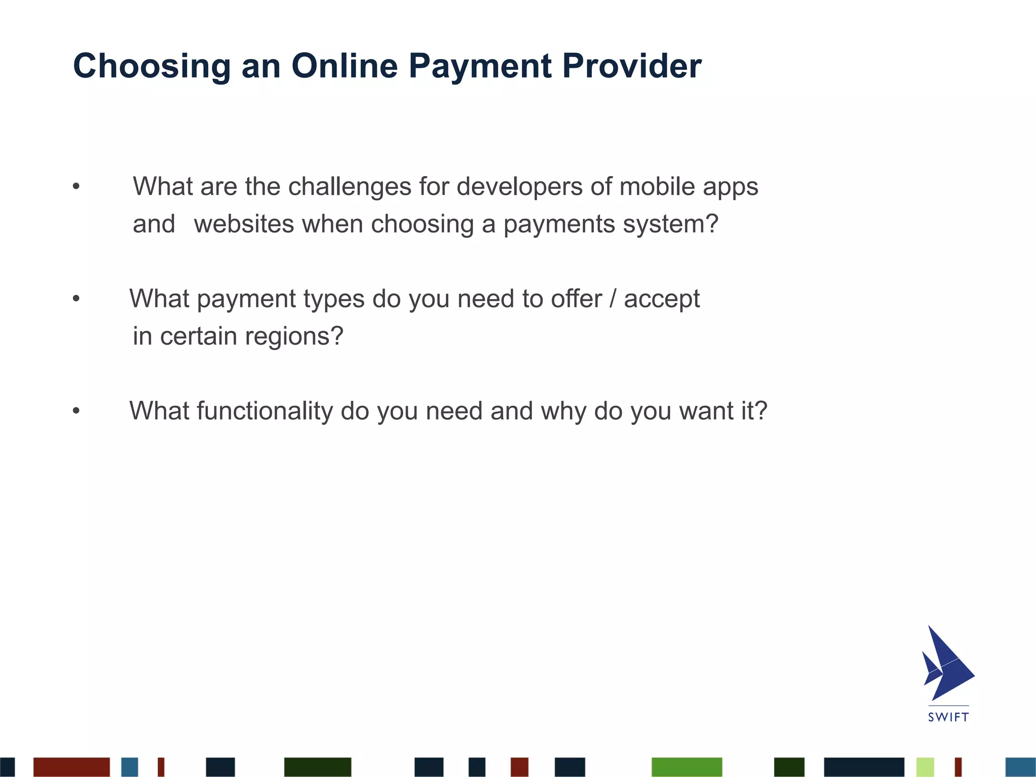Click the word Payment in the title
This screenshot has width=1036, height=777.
click(x=480, y=67)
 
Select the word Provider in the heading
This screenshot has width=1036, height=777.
click(x=632, y=66)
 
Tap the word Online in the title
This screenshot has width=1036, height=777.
click(x=344, y=66)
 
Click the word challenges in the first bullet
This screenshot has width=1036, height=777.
click(x=350, y=187)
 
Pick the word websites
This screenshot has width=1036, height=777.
click(x=244, y=224)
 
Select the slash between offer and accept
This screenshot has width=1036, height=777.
click(x=613, y=299)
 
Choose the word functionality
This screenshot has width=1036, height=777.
click(x=265, y=411)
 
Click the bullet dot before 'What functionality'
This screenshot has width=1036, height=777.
click(x=76, y=411)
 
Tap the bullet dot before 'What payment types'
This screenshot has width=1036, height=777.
click(x=76, y=299)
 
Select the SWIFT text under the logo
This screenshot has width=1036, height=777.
click(x=948, y=717)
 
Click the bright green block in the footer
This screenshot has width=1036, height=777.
click(x=686, y=767)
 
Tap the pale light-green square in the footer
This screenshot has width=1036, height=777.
click(x=925, y=767)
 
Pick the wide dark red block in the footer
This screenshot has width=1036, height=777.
click(x=71, y=767)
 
